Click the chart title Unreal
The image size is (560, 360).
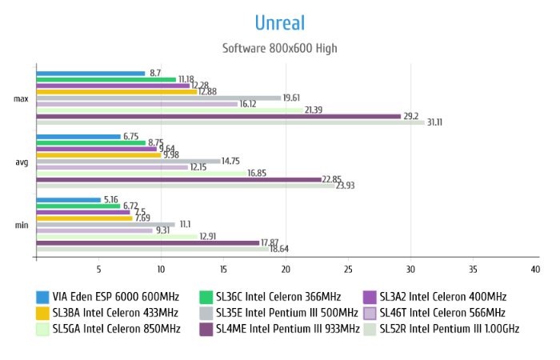point(279,22)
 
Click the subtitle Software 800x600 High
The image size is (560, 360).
point(279,48)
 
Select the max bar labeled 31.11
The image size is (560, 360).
point(230,122)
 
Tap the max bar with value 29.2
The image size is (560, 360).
point(218,116)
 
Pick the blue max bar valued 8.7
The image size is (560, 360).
point(90,74)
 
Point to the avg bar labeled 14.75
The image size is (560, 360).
point(128,161)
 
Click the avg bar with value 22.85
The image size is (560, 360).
point(178,179)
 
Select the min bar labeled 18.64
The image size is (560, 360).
point(152,249)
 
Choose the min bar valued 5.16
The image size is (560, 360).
point(68,199)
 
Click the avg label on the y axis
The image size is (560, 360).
point(22,162)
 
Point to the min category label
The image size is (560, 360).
point(22,225)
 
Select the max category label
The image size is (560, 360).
point(22,98)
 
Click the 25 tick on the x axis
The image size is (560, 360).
point(348,269)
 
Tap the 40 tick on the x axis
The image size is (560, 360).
point(535,269)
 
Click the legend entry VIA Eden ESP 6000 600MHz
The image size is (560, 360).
point(109,296)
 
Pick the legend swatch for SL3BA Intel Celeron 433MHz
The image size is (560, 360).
point(42,312)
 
